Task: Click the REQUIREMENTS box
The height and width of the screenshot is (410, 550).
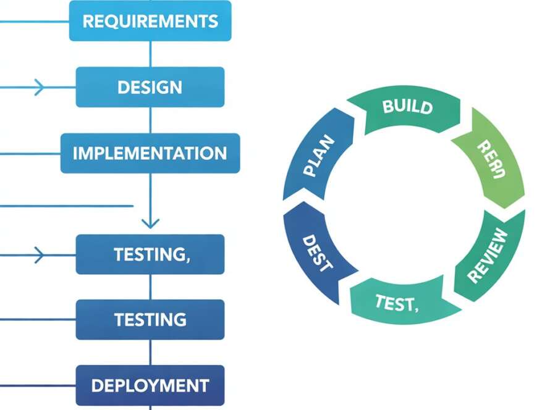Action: pos(150,21)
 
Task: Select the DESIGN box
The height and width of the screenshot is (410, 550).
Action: pos(150,87)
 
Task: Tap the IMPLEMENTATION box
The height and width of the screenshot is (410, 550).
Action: pos(150,153)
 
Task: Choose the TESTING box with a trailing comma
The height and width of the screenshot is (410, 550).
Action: pos(150,254)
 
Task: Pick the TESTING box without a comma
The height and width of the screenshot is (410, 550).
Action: pos(150,319)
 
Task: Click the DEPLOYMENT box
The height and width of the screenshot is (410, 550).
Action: pos(150,386)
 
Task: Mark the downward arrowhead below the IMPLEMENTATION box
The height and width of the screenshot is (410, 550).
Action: pos(150,222)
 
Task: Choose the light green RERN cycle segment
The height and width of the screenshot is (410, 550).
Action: pos(491,159)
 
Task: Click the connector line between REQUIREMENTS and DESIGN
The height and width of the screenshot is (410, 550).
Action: pos(150,54)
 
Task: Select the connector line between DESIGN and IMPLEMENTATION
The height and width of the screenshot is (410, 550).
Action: pos(150,120)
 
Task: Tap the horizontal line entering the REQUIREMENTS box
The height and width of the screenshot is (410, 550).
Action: pos(34,21)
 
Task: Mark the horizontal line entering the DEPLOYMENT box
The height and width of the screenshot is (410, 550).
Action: pos(37,386)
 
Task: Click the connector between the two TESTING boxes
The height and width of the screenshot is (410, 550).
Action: pos(150,287)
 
